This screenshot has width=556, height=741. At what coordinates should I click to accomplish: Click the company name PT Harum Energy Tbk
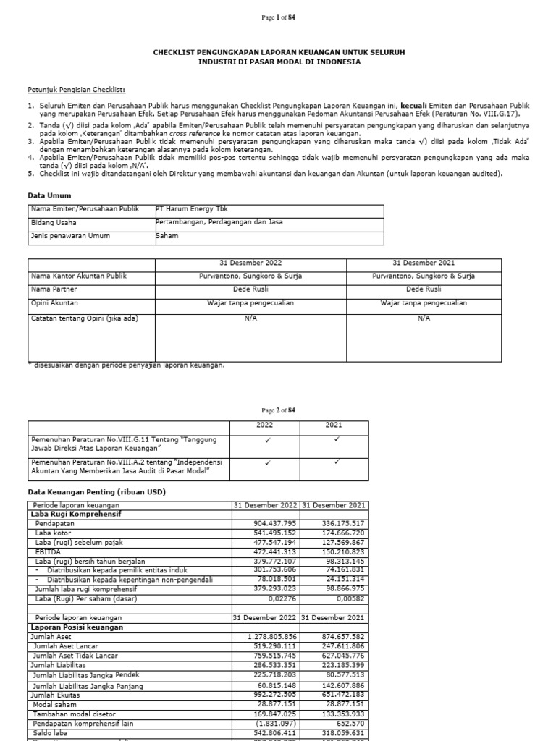pyautogui.click(x=187, y=209)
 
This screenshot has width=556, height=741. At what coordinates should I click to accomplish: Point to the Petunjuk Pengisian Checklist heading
pyautogui.click(x=76, y=89)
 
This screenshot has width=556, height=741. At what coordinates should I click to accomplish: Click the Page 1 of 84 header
pyautogui.click(x=278, y=17)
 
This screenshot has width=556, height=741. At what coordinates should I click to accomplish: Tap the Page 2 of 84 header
pyautogui.click(x=278, y=410)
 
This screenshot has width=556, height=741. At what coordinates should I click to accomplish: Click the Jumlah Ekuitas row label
pyautogui.click(x=55, y=695)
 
